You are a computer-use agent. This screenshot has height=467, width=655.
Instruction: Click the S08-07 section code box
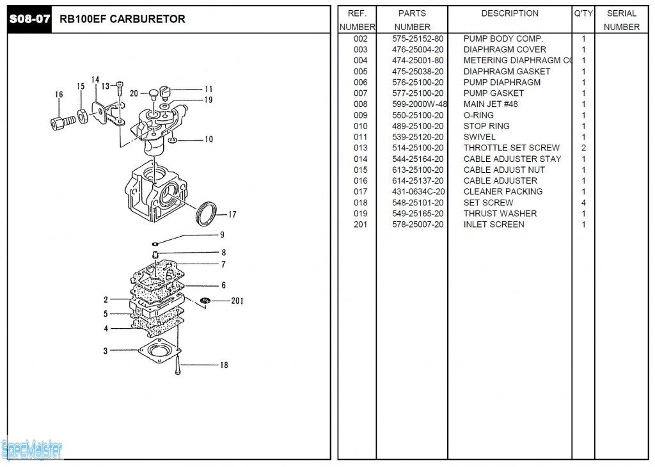point(29,19)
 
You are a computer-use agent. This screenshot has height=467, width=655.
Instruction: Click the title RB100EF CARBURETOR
point(122,19)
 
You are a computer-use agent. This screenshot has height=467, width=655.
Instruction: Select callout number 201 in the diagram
point(237,301)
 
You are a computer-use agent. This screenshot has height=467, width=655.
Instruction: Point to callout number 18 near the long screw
point(224,365)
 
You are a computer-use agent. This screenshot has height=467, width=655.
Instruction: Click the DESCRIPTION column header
point(510,13)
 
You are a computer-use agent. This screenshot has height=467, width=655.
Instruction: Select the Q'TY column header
point(583,13)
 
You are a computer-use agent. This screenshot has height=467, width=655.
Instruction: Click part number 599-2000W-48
point(419,104)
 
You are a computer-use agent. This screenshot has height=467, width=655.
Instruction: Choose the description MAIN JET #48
point(491,104)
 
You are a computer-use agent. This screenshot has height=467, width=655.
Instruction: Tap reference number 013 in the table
point(361,148)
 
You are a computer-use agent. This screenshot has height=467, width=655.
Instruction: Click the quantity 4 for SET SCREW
point(583,203)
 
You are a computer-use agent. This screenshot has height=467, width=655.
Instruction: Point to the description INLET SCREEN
point(494,225)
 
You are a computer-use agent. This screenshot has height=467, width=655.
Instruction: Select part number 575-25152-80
point(418,39)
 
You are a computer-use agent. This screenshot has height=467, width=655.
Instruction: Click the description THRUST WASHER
point(500,214)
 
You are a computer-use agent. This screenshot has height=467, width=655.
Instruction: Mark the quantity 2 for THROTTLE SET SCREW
point(583,148)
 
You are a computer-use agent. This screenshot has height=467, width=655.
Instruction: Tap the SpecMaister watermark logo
point(32,450)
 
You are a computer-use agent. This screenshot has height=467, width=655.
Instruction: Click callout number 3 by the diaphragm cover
point(106,351)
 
